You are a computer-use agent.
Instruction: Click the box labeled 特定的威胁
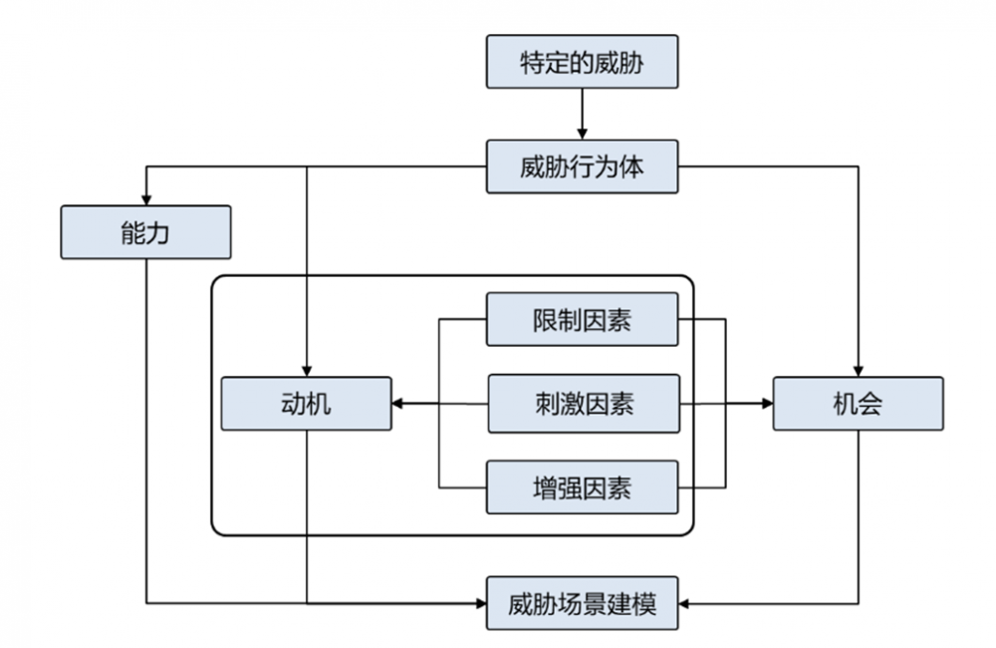coord(583,62)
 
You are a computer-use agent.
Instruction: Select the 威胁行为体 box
coord(583,166)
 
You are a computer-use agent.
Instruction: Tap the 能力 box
coord(145,232)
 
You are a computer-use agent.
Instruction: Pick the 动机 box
coord(307,404)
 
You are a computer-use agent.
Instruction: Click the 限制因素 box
coord(583,319)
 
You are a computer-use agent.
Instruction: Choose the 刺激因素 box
coord(583,404)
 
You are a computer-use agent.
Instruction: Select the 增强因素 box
coord(583,487)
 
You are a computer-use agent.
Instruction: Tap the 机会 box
coord(858,404)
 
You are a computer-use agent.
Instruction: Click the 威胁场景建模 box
coord(583,603)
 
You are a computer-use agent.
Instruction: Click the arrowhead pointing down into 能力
coord(145,199)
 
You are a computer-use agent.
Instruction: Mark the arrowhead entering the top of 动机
coord(307,370)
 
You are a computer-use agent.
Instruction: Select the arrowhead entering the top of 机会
coord(858,370)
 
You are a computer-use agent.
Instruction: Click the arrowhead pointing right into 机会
coord(766,404)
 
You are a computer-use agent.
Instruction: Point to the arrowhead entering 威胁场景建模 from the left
coord(479,603)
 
